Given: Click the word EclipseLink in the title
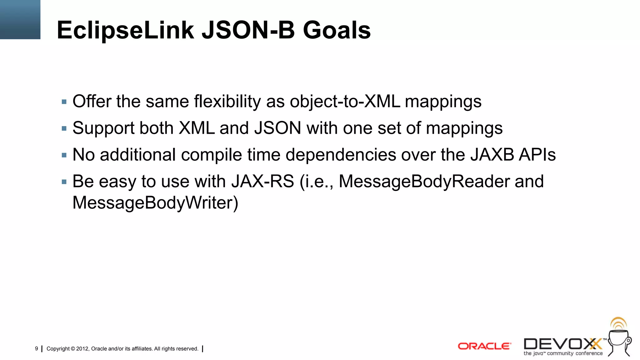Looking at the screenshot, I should pyautogui.click(x=125, y=30).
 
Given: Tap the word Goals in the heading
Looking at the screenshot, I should pyautogui.click(x=337, y=30).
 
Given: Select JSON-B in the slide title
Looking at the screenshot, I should pyautogui.click(x=248, y=30).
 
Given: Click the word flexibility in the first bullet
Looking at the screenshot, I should pyautogui.click(x=227, y=102).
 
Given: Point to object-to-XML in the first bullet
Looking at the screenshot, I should pyautogui.click(x=345, y=102).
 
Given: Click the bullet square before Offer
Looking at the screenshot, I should pyautogui.click(x=64, y=102).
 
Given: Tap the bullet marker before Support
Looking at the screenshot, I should pyautogui.click(x=64, y=128).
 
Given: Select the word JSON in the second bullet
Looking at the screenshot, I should pyautogui.click(x=278, y=128).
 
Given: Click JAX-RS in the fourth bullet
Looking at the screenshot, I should pyautogui.click(x=262, y=181).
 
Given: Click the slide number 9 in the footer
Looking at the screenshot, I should pyautogui.click(x=37, y=348).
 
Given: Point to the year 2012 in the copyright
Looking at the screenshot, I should pyautogui.click(x=82, y=349).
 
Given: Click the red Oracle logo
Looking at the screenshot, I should pyautogui.click(x=484, y=346).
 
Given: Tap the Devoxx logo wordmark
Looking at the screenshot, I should pyautogui.click(x=562, y=344).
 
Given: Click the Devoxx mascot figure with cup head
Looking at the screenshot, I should pyautogui.click(x=620, y=341).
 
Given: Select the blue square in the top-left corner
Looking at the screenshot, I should pyautogui.click(x=20, y=19).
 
